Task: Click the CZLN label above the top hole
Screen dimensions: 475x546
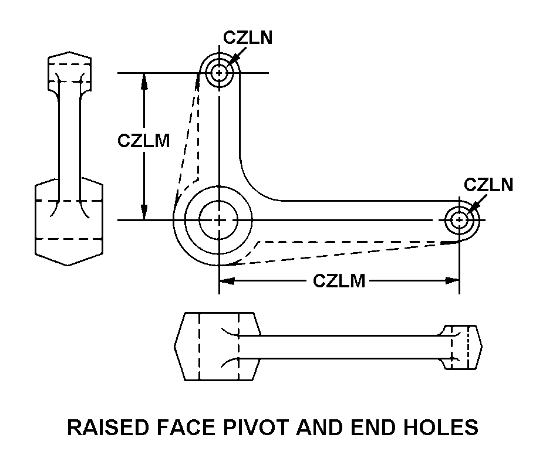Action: [248, 38]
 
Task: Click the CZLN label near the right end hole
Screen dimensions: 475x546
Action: [488, 185]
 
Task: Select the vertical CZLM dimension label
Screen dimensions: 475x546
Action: [144, 141]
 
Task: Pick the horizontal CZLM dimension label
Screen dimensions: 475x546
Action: [339, 281]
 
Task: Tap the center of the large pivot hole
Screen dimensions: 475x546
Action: [218, 220]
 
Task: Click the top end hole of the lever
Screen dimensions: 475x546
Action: [220, 73]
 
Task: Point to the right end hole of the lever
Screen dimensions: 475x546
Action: [459, 220]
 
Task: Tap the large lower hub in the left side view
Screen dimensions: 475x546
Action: [69, 220]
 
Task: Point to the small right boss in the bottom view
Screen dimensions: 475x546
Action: [461, 347]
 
